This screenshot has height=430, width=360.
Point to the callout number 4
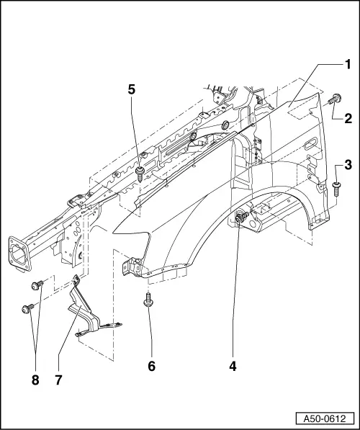pos(233,366)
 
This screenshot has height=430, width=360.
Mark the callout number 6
pos(151,366)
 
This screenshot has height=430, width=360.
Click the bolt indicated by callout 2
pos(334,101)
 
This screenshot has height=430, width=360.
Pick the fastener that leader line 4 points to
pos(243,215)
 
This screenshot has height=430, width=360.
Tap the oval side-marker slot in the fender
pos(309,146)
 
